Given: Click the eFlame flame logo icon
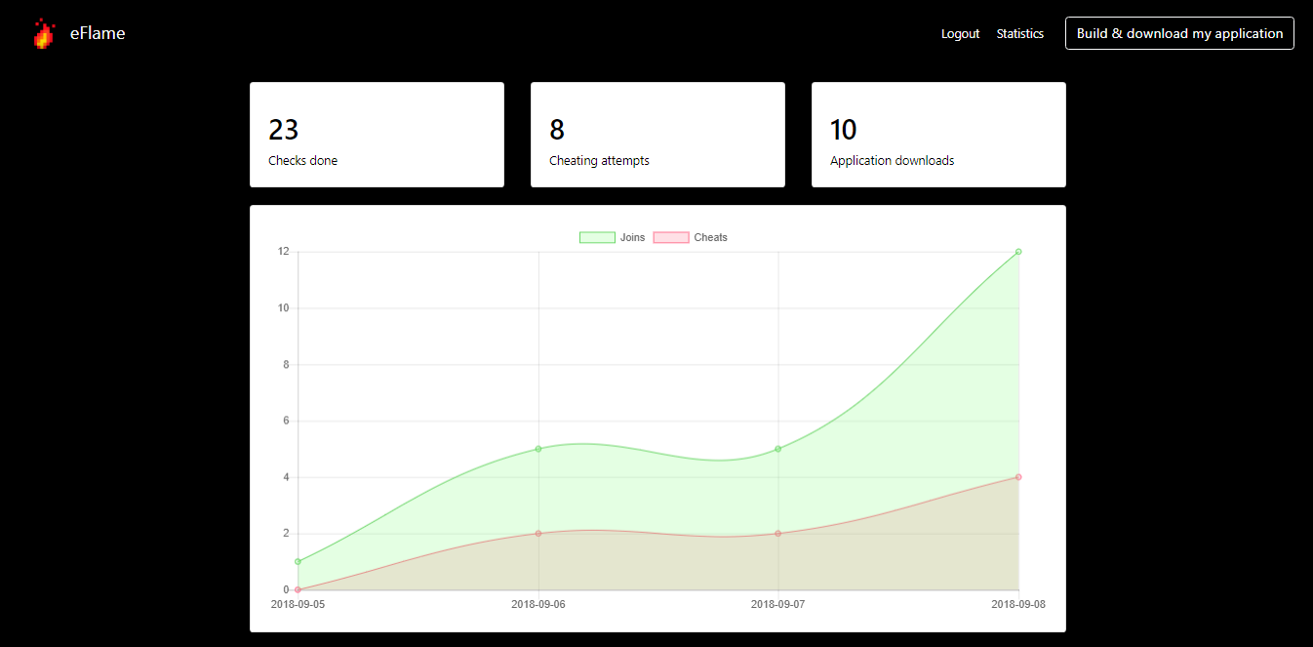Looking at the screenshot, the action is coord(44,33).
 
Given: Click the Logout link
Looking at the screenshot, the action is coord(960,34).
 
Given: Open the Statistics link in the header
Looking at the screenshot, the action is coord(1020,34).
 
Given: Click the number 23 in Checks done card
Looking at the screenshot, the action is coord(284,130).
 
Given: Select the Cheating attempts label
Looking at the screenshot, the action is coord(599,161).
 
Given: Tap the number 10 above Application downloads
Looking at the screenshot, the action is coord(844,130).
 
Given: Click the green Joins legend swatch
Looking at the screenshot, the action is coord(597,237).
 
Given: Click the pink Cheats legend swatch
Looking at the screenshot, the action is coord(671,237).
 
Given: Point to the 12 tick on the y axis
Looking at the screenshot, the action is coord(284,252).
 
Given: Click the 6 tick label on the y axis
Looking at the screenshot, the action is coord(286,421).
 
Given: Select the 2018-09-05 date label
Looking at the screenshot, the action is coord(298,604).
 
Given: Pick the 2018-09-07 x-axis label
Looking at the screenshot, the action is coord(777,604).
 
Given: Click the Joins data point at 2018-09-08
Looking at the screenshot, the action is coord(1018,252).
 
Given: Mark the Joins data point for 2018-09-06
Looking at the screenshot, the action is coord(538,449).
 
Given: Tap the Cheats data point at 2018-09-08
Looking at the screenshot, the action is coord(1018,477).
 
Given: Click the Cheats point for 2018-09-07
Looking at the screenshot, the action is coord(777,533).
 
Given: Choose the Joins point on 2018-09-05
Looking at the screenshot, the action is coord(298,561).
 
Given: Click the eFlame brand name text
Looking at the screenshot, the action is coord(98,33).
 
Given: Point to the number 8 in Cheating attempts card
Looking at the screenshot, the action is coord(557,130).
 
